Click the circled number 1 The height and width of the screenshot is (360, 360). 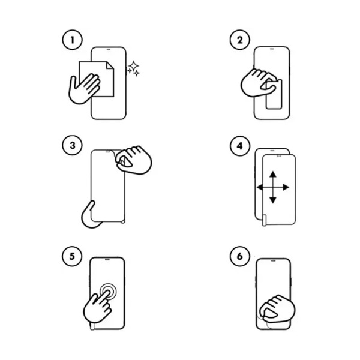[72, 40]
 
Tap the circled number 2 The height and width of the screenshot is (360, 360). [239, 40]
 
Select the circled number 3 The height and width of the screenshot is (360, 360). [72, 145]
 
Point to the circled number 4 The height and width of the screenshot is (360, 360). [239, 146]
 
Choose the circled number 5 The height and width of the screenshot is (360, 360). [72, 256]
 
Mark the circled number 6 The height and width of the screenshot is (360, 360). [239, 256]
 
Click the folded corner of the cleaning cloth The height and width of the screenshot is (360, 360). [110, 65]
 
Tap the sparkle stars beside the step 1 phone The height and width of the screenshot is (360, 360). [133, 68]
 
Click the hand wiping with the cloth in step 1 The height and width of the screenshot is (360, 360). [85, 89]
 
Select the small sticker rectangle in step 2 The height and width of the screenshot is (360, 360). [274, 95]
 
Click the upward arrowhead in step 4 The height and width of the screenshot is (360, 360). [273, 174]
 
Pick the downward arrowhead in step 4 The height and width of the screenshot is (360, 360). [273, 200]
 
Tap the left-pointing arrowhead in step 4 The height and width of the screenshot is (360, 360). [260, 187]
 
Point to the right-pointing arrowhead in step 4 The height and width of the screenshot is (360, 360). [286, 187]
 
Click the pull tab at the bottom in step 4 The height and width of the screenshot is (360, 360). [264, 220]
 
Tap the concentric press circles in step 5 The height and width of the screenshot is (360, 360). [108, 292]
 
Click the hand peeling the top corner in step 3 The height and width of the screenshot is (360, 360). [133, 160]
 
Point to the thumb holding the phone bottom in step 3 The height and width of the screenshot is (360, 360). [90, 215]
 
